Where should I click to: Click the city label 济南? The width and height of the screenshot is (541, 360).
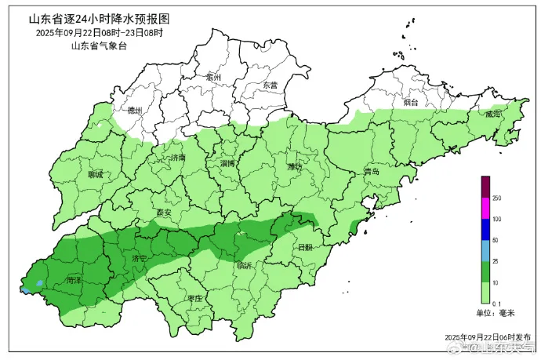point(178,158)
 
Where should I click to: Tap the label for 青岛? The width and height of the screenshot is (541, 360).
point(372,171)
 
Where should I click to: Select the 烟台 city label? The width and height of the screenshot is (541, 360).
point(411,103)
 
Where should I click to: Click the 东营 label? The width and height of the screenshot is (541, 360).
point(270,85)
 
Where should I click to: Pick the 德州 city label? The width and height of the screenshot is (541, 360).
point(135,111)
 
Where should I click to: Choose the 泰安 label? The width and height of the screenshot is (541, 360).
point(164,212)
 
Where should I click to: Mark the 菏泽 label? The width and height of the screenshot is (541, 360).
point(74,279)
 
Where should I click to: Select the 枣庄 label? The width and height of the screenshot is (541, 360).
point(195,299)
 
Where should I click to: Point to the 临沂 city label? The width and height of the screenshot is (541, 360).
point(245,265)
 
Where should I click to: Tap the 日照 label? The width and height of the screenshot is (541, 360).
point(305,247)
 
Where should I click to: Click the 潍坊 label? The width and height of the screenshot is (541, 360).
point(295,166)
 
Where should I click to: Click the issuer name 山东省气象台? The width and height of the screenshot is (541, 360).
point(98,46)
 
